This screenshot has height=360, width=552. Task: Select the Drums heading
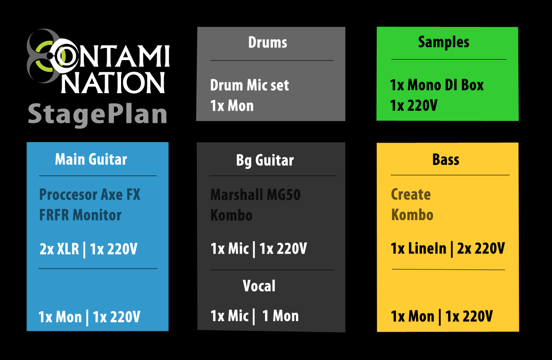point(268,42)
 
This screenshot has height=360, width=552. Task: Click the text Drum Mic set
point(249,85)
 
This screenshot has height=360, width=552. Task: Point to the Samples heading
point(443,42)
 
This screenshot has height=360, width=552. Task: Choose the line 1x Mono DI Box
point(437,85)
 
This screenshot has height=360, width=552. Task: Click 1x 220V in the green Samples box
point(413,106)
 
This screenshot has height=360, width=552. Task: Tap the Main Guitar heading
point(91,159)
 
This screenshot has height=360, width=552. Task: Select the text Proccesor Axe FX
point(90,195)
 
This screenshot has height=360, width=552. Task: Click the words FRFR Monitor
point(80,215)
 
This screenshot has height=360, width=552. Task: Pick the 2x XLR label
point(59,249)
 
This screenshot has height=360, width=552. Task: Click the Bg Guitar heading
point(265,160)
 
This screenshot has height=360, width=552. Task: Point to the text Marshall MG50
point(255,195)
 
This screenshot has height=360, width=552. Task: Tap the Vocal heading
point(259,286)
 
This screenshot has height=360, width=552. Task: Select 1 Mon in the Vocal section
point(280,316)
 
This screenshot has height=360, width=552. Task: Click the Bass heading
point(446,160)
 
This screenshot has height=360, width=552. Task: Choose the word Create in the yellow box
point(411,194)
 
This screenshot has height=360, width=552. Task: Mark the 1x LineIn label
point(418,248)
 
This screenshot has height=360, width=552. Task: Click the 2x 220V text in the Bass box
point(481,248)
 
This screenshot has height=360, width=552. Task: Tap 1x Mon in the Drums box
point(232,106)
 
